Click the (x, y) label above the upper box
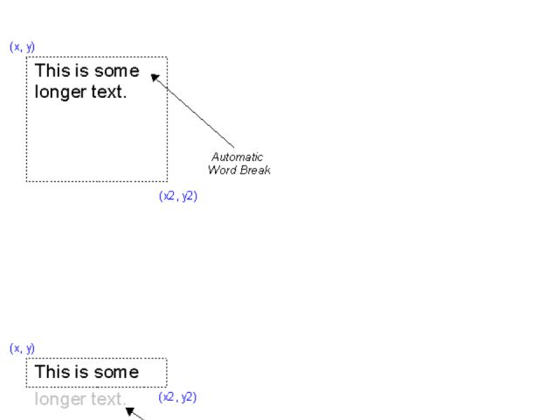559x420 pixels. click(23, 46)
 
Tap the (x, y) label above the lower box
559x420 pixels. click(23, 348)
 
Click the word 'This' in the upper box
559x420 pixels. click(50, 71)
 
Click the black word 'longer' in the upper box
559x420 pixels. click(60, 92)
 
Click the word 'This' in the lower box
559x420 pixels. click(50, 372)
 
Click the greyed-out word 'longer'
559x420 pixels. click(60, 400)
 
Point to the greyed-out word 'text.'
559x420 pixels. click(108, 399)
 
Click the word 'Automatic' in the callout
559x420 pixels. click(237, 157)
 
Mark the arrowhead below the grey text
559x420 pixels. click(130, 411)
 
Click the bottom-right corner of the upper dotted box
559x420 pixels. click(167, 181)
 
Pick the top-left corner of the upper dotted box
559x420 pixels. click(27, 58)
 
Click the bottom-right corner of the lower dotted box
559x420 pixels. click(166, 387)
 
